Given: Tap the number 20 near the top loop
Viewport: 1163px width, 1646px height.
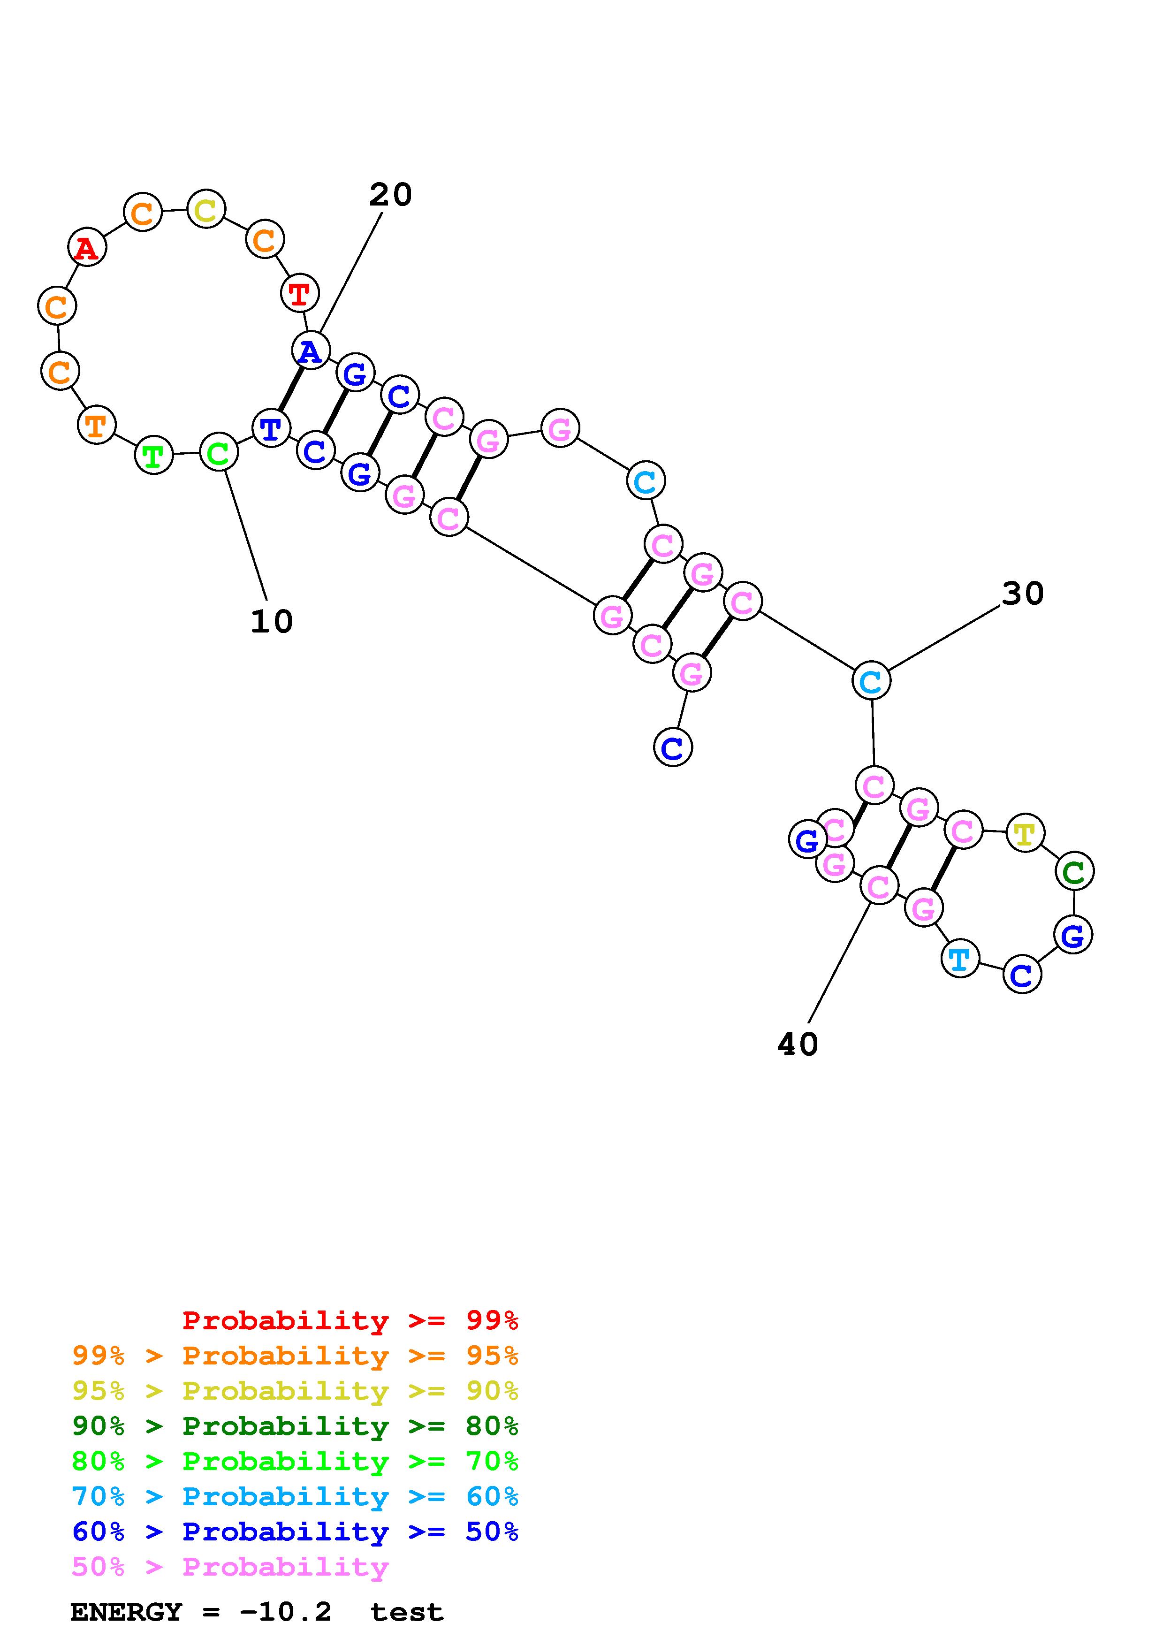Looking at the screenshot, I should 390,195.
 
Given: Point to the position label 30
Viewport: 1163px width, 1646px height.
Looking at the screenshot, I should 1023,594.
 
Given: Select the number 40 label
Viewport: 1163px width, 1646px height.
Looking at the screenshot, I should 798,1044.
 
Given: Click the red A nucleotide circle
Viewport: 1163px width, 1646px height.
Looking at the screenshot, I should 87,248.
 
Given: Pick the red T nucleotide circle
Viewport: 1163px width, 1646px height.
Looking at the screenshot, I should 299,293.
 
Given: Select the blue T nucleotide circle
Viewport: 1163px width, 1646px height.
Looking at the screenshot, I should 271,429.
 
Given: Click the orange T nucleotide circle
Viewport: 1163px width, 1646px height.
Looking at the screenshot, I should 95,425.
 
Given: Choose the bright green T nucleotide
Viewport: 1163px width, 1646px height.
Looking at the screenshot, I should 153,455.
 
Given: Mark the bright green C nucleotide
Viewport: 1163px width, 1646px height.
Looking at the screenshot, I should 218,452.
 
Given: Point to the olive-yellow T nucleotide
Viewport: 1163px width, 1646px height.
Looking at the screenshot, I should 1025,834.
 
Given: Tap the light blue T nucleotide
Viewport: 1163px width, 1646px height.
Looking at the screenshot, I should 959,959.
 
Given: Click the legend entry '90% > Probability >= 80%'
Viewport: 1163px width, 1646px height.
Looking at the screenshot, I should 295,1426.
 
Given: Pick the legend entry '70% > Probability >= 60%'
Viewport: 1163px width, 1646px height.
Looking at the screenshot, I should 295,1497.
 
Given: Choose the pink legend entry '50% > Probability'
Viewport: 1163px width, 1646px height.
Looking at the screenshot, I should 230,1567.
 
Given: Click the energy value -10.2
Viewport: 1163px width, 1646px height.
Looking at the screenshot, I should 286,1612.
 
